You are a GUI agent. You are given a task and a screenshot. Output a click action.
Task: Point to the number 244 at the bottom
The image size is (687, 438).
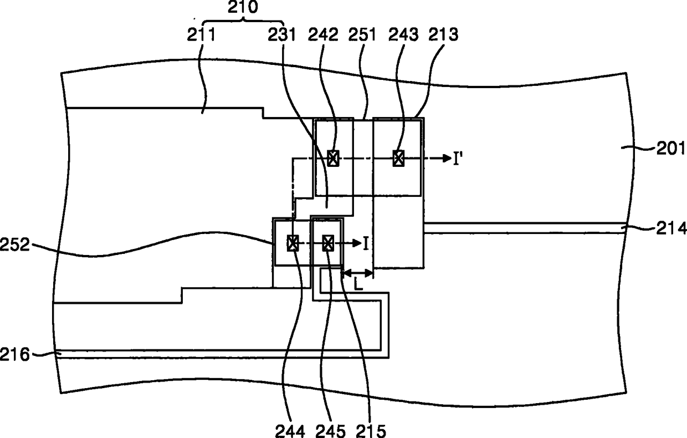click(290, 429)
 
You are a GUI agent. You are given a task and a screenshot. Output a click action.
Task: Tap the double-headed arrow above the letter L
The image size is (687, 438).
click(358, 272)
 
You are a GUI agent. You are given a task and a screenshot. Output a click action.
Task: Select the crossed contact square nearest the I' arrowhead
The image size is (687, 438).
click(398, 159)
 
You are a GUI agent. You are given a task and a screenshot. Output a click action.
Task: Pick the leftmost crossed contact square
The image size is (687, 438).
click(293, 243)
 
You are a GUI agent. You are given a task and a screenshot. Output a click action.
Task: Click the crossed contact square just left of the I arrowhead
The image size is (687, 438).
click(328, 243)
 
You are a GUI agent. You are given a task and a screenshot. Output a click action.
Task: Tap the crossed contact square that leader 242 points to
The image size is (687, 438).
click(332, 159)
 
